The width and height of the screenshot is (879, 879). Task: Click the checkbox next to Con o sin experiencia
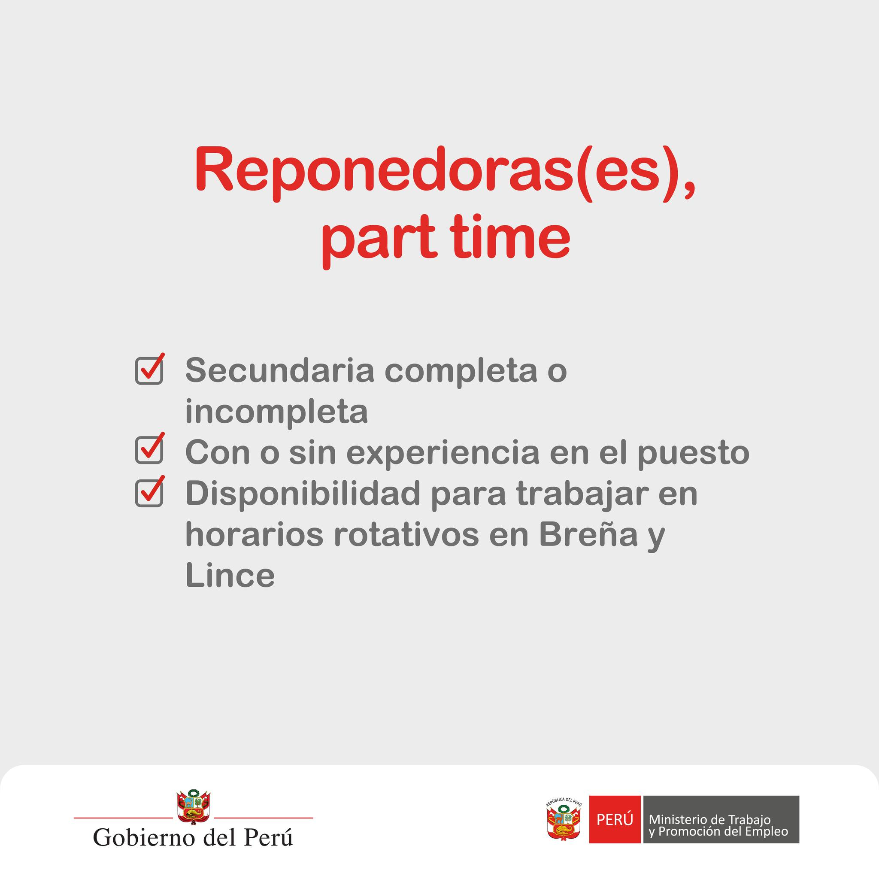pos(150,449)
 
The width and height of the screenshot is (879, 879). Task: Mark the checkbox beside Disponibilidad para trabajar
pos(150,491)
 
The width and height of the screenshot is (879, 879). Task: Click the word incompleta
pos(277,412)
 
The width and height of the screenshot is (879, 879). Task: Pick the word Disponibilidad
pos(303,494)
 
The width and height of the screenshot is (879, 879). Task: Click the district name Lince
pos(230,576)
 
